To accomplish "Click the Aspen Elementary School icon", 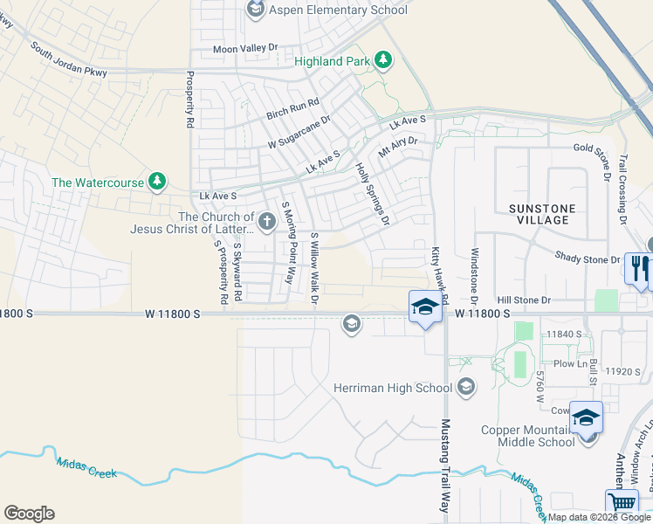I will pyautogui.click(x=256, y=10).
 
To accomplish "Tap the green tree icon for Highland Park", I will pyautogui.click(x=382, y=60).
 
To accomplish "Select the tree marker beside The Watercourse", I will pyautogui.click(x=156, y=182).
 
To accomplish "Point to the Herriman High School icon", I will pyautogui.click(x=466, y=387).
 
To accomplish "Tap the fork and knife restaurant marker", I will pyautogui.click(x=641, y=269).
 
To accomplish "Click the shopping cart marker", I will pyautogui.click(x=621, y=503).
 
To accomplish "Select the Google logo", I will pyautogui.click(x=29, y=514).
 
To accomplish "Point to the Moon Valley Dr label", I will pyautogui.click(x=244, y=49).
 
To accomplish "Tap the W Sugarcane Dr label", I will pyautogui.click(x=299, y=131).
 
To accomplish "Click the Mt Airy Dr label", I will pyautogui.click(x=398, y=146).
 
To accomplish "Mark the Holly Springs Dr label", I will pyautogui.click(x=372, y=194).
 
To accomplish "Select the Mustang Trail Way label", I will pyautogui.click(x=445, y=465).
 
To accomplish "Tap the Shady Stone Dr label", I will pyautogui.click(x=588, y=257).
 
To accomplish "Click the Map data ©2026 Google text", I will pyautogui.click(x=598, y=517).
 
